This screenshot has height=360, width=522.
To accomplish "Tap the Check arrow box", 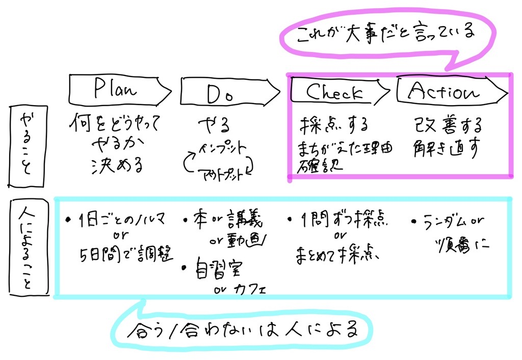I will coord(336,92).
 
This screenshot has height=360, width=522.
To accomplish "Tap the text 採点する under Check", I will coord(334,124).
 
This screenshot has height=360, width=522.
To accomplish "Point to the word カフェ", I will coord(250,289).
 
